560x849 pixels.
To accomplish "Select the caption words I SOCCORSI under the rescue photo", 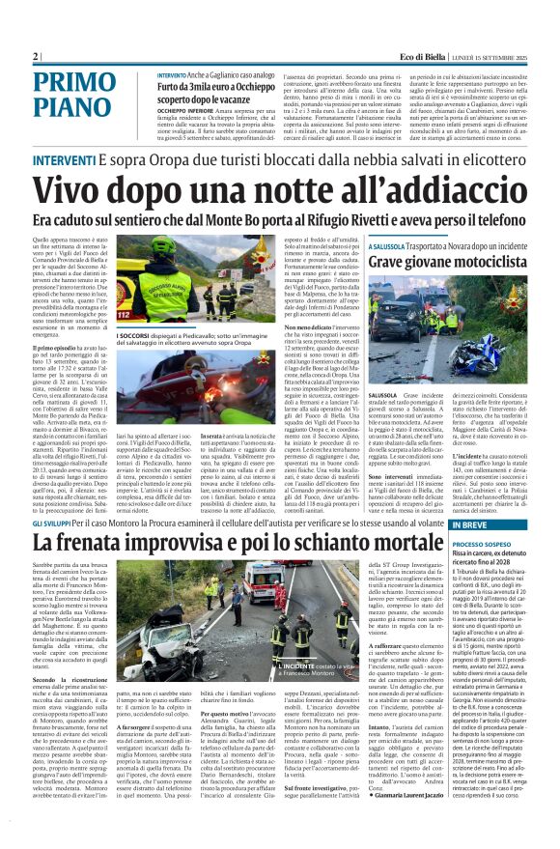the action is coord(160,338).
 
